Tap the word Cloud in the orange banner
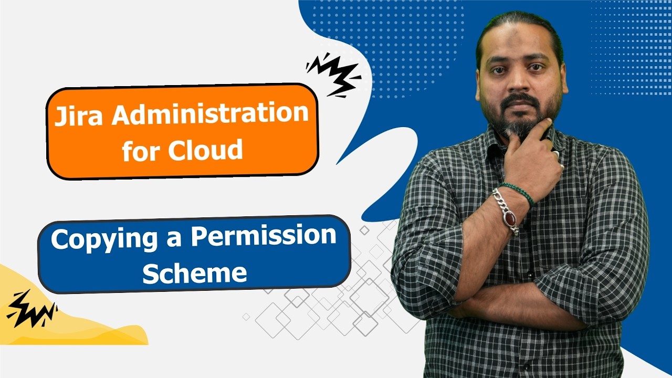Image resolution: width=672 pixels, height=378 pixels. (206, 151)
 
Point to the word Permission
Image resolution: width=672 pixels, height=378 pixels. (263, 236)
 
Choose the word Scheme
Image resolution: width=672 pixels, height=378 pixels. (194, 272)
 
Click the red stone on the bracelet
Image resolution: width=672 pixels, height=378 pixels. (509, 216)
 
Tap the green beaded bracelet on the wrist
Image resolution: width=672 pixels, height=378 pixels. (518, 192)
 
